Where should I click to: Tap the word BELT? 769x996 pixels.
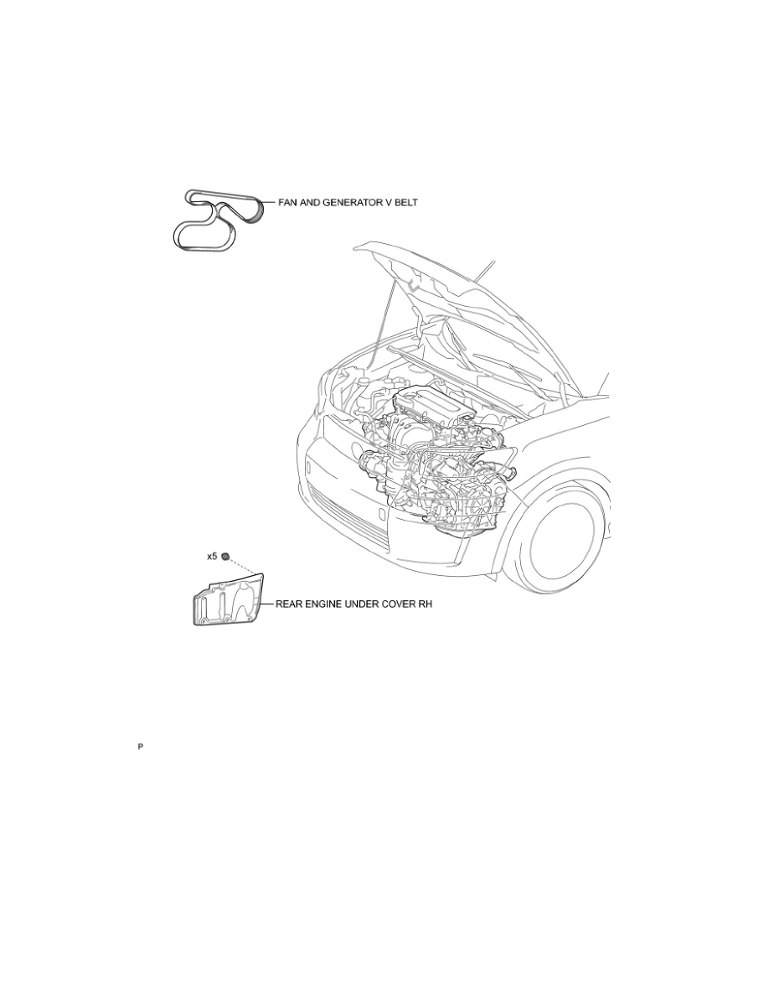tap(406, 203)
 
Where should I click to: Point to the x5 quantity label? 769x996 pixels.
tap(212, 556)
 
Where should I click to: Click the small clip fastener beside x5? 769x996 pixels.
tap(225, 557)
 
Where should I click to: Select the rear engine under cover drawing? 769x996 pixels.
tap(227, 599)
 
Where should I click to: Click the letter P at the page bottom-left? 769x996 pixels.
tap(140, 747)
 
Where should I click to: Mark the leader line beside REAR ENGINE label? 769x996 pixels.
tap(266, 604)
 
